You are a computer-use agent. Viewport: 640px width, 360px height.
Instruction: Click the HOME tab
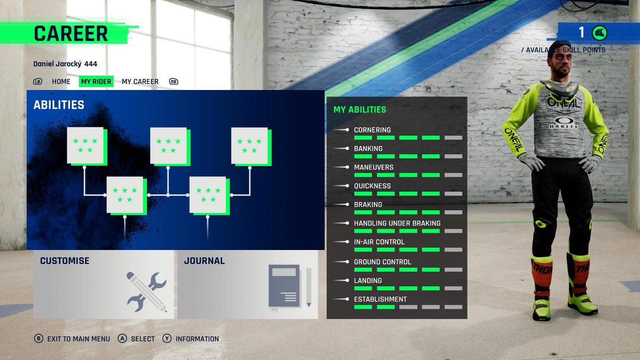coord(61,82)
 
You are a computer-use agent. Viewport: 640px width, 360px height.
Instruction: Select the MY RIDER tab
coord(96,82)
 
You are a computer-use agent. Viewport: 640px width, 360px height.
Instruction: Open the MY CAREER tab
coord(140,82)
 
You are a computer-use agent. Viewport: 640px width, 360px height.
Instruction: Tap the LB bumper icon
coord(38,82)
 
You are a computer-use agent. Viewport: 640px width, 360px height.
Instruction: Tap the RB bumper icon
coord(174,82)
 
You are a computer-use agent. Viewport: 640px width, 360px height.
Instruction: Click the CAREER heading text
coord(71,34)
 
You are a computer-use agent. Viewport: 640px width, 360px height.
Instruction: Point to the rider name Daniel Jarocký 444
coord(65,64)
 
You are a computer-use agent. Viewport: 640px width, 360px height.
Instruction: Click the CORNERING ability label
coord(372,130)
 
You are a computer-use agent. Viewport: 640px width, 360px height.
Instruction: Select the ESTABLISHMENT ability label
coord(380,299)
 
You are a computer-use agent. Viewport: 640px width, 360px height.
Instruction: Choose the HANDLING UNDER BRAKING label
coord(397,223)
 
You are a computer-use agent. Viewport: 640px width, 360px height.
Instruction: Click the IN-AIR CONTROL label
coord(379,242)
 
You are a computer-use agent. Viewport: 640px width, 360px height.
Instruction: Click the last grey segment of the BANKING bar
coord(453,156)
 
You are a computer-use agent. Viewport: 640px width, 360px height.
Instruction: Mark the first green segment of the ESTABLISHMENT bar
coord(363,307)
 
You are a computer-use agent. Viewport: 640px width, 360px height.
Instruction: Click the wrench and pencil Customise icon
coord(146,292)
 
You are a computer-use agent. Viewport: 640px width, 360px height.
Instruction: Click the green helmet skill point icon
coord(600,33)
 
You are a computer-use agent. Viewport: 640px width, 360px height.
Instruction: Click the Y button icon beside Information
coord(167,339)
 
